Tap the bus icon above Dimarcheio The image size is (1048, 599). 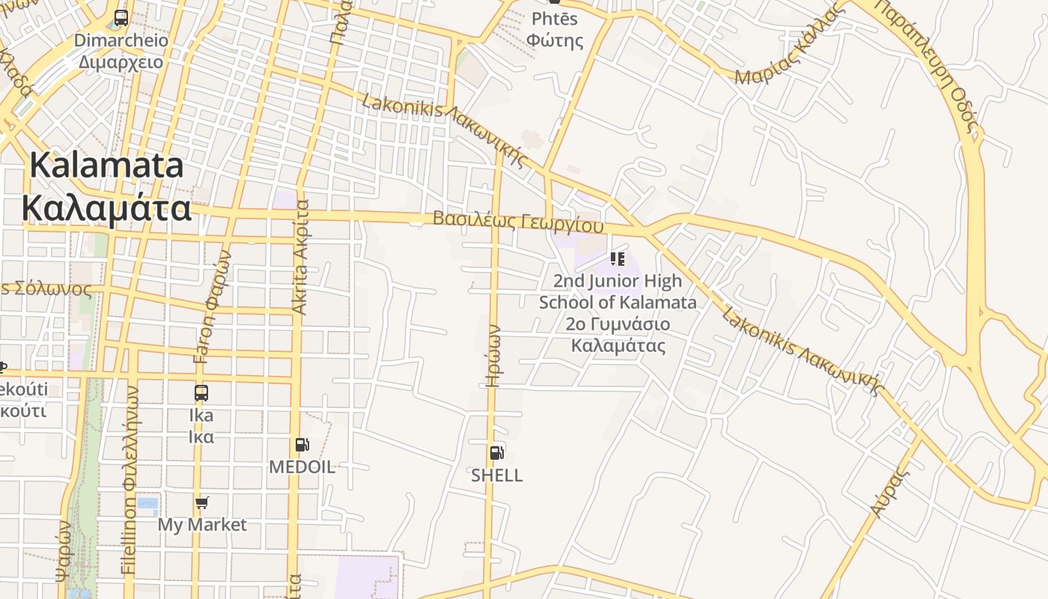[121, 18]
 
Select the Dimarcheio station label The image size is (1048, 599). [121, 51]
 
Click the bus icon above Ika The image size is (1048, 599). [201, 393]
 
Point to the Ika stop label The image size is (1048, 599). [201, 425]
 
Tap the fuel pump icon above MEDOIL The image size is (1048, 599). [302, 445]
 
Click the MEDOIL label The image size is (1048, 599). [302, 467]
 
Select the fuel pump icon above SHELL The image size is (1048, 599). [496, 452]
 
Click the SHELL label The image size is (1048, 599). [496, 475]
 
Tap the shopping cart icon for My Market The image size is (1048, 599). [201, 502]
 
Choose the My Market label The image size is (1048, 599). [201, 525]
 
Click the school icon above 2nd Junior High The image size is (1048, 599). [618, 259]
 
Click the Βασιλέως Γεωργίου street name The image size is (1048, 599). [518, 222]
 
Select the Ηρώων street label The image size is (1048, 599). [493, 355]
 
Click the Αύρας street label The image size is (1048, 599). [889, 491]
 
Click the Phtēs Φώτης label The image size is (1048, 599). [555, 30]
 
